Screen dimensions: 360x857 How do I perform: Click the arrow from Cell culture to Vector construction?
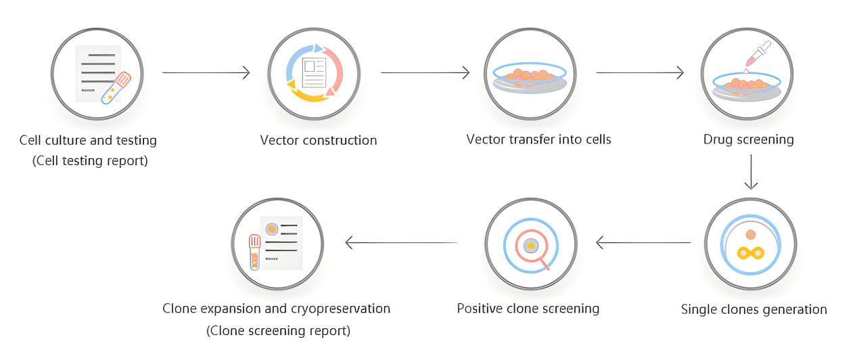coord(206,72)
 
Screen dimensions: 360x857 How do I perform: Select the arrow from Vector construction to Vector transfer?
coord(425,72)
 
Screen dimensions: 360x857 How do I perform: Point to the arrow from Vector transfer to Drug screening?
coord(640,72)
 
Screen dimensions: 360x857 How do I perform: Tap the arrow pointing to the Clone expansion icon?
coord(403,242)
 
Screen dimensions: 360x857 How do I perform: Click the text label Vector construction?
coord(319,141)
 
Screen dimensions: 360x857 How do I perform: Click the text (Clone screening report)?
coord(277,331)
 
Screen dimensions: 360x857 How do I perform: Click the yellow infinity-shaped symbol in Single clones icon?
coord(750,253)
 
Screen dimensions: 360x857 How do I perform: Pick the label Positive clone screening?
coord(528,309)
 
